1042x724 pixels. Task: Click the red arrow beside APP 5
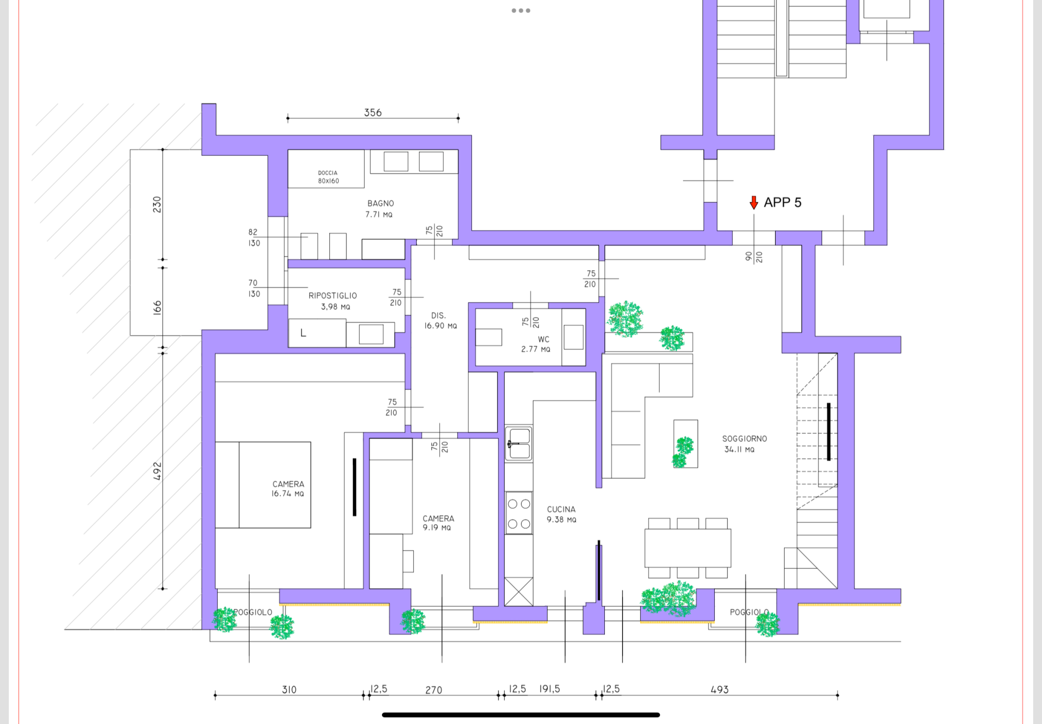pos(753,203)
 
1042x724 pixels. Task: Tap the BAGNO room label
pos(380,203)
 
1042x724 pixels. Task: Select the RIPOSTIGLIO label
pos(332,296)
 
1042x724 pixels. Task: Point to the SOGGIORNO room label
pos(744,439)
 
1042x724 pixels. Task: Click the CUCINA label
pos(561,509)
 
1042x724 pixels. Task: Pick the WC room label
pos(543,339)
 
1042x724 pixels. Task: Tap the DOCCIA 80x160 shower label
pos(328,177)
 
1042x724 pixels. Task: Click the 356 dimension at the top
pos(373,113)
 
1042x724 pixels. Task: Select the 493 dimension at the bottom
pos(720,690)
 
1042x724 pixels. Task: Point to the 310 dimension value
pos(289,690)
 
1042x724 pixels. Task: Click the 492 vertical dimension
pos(157,471)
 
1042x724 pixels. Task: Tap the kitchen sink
pos(519,444)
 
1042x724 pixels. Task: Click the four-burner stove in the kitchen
pos(519,513)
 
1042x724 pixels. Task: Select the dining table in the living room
pos(688,548)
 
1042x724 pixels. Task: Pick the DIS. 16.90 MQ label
pos(440,321)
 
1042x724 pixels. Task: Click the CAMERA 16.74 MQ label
pos(288,489)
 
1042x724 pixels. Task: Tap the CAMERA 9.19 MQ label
pos(438,523)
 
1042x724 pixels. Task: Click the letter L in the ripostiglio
pos(303,333)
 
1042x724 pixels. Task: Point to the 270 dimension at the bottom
pos(433,690)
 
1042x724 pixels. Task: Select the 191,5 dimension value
pos(550,689)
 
